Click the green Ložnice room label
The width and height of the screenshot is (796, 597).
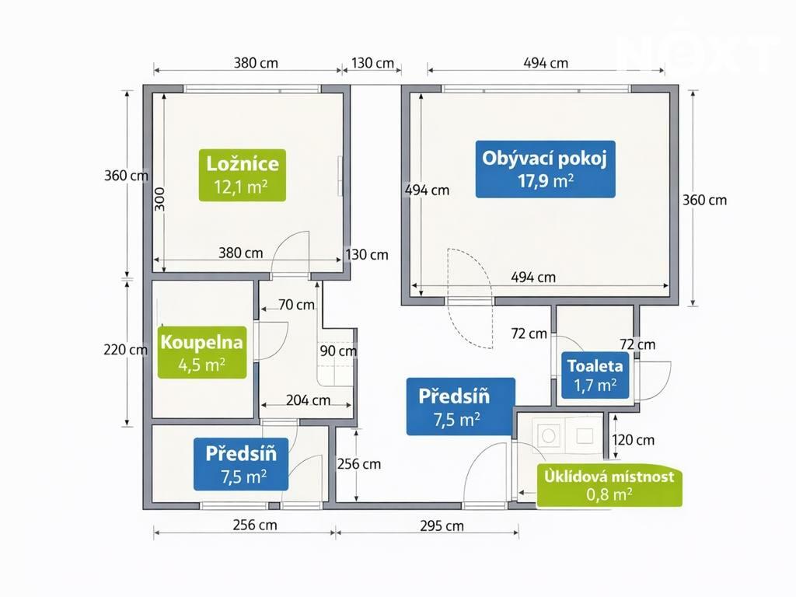coord(243,175)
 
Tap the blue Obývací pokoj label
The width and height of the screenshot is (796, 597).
coord(545,169)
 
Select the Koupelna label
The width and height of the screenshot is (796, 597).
coord(202,353)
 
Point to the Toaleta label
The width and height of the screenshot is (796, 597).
coord(595,375)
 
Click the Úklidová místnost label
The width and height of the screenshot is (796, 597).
coord(609,485)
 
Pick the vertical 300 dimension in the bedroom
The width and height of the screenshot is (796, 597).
coord(159,199)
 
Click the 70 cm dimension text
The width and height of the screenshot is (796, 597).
coord(296,305)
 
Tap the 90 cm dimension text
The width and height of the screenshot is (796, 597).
coord(338,351)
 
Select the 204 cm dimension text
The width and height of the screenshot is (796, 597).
coord(308,400)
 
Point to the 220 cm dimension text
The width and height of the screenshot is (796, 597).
coord(125,349)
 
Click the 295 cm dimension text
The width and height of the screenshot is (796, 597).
coord(442,526)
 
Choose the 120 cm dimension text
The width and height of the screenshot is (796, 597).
coord(633,440)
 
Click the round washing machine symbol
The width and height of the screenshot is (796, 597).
coord(548,435)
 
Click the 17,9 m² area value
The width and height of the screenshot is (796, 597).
coord(546,180)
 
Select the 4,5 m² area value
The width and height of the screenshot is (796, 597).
coord(202,365)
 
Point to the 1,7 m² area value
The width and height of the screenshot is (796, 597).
coord(595,386)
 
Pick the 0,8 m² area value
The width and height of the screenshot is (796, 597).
coord(609,494)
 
